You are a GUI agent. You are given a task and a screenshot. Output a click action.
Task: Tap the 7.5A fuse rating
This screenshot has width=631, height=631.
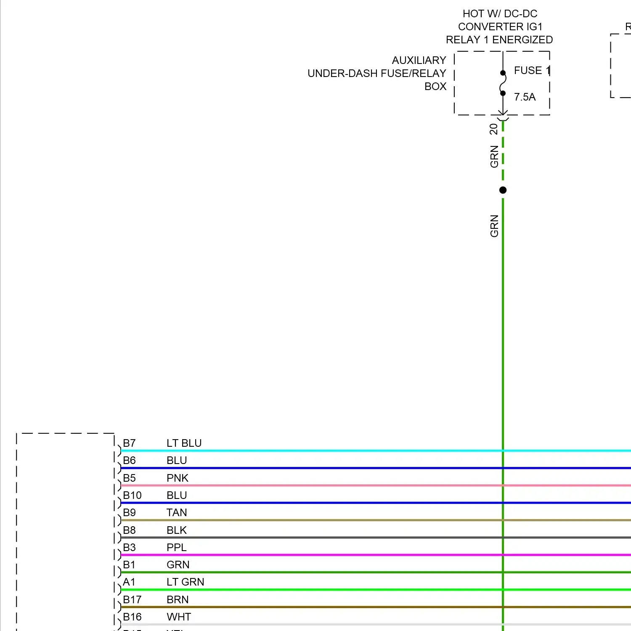[x=525, y=97]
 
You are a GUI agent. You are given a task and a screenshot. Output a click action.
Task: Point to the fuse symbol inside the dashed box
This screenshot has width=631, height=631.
[x=503, y=83]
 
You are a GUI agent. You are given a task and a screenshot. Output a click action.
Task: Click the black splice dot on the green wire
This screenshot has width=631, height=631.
[x=503, y=190]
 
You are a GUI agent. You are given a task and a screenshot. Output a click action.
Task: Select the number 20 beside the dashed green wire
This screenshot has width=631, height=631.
[x=494, y=129]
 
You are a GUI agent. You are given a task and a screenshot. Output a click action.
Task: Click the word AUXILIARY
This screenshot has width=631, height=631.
[x=419, y=61]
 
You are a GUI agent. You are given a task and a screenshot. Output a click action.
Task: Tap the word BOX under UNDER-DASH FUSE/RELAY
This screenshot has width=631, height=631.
[x=435, y=87]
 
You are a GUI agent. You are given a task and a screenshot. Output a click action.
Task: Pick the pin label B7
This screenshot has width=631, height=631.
[x=129, y=443]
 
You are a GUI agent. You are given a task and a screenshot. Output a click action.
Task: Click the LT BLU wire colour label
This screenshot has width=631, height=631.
[x=184, y=443]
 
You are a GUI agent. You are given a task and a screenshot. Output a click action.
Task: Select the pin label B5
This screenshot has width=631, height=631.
[x=129, y=478]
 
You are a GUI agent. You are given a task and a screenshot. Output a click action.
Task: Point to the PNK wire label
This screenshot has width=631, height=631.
[x=177, y=478]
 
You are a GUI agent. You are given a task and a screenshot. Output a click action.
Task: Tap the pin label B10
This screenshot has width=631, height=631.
[x=132, y=496]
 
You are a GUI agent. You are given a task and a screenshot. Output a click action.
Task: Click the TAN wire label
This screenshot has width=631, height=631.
[x=176, y=513]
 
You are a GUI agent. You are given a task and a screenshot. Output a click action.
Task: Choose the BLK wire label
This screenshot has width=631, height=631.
[x=176, y=530]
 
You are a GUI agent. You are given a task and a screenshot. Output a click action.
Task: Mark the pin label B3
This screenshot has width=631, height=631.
[x=129, y=548]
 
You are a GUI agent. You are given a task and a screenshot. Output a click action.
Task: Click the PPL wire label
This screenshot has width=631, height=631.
[x=176, y=548]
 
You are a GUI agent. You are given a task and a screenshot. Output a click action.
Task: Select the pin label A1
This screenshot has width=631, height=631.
[x=129, y=582]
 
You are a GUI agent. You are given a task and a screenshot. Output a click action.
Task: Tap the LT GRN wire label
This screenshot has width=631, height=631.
[x=185, y=582]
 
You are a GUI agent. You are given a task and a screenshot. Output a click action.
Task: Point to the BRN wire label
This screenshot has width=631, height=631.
[x=177, y=600]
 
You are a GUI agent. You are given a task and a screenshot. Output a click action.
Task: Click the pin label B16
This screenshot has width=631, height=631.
[x=132, y=617]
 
